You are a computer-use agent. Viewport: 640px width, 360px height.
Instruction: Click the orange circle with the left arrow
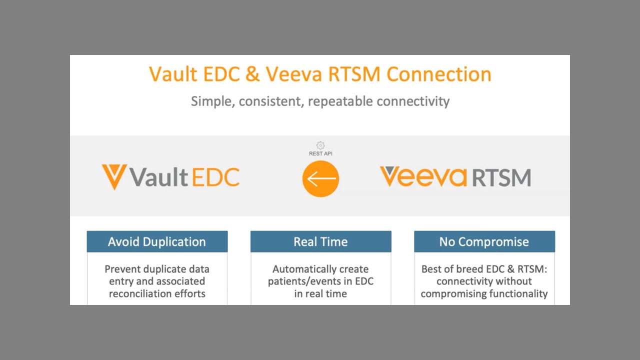click(x=320, y=178)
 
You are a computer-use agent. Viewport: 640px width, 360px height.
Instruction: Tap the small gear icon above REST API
click(x=320, y=145)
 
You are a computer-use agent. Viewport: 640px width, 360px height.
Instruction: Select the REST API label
click(x=320, y=153)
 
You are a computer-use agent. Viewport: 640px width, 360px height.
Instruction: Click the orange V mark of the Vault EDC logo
click(x=114, y=176)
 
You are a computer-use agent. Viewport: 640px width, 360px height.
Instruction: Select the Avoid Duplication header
click(x=157, y=241)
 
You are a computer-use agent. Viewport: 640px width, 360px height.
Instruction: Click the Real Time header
click(x=320, y=241)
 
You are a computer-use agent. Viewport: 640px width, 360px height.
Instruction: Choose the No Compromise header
click(x=484, y=241)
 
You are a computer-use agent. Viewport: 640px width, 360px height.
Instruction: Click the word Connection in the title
click(x=439, y=74)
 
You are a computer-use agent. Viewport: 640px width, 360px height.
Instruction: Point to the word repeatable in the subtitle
click(x=340, y=101)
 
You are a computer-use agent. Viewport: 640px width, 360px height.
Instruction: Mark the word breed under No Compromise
click(x=469, y=269)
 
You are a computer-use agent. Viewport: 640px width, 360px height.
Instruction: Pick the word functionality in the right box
click(x=518, y=293)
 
